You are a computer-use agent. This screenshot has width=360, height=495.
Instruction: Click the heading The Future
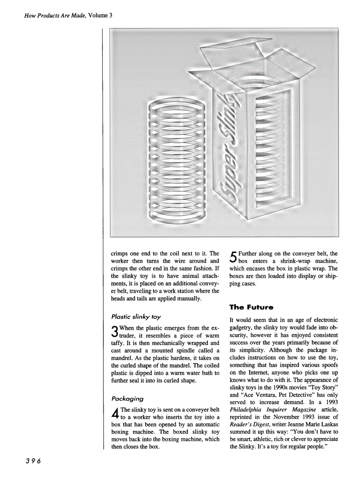click(x=251, y=307)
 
